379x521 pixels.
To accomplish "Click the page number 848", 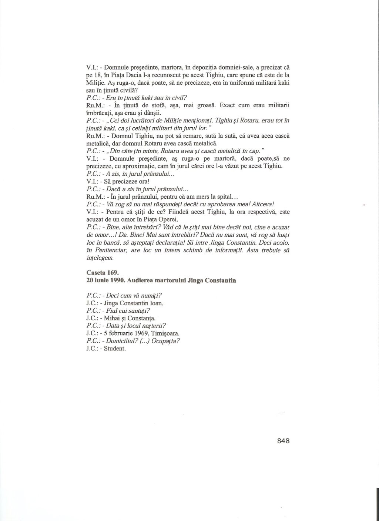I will pos(283,441).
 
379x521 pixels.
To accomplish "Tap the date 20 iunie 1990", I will pos(104,280).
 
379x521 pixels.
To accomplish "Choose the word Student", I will pos(115,349).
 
